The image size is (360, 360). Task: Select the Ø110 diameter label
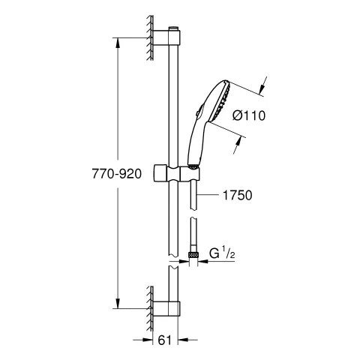pos(250,115)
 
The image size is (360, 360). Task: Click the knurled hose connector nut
pos(196,256)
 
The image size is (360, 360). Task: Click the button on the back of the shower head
pos(197,113)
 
